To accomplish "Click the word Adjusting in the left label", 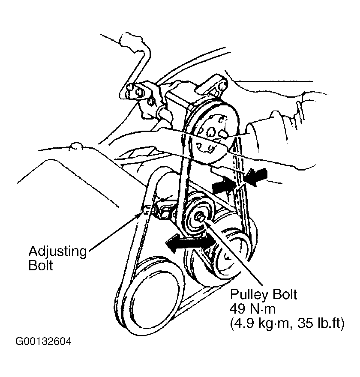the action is [57, 251].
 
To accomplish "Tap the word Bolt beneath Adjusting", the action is [41, 266].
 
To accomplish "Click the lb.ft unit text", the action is [328, 324].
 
